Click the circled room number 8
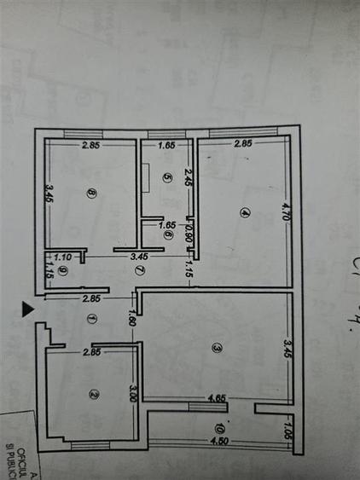(x=91, y=193)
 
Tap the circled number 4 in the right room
(x=244, y=213)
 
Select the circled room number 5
(x=168, y=178)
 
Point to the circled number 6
(x=168, y=236)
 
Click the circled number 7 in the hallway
(x=140, y=270)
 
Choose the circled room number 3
(x=217, y=348)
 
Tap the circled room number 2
(x=93, y=393)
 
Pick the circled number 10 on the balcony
(x=220, y=427)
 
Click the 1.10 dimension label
(x=61, y=256)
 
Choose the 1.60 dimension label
(x=132, y=319)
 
